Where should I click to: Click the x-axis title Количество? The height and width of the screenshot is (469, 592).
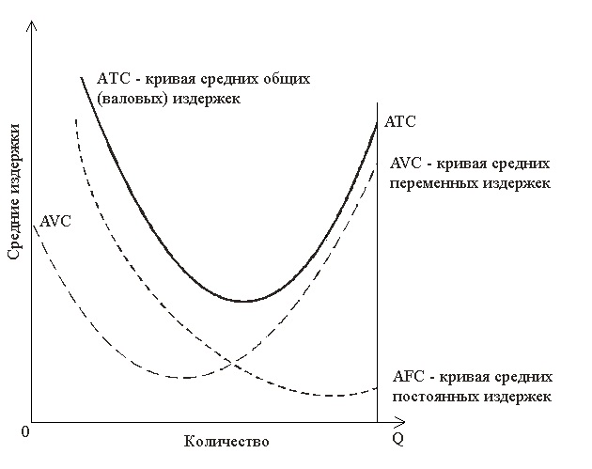(x=227, y=441)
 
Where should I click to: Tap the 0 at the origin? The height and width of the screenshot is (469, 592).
(x=26, y=430)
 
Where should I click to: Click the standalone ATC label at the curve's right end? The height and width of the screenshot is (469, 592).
(x=399, y=122)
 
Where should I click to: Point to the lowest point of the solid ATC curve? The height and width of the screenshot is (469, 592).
(x=243, y=301)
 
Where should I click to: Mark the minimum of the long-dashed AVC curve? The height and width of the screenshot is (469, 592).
(x=185, y=377)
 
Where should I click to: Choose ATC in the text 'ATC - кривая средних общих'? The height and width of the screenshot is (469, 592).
(x=111, y=79)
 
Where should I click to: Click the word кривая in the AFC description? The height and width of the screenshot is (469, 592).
(x=462, y=378)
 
